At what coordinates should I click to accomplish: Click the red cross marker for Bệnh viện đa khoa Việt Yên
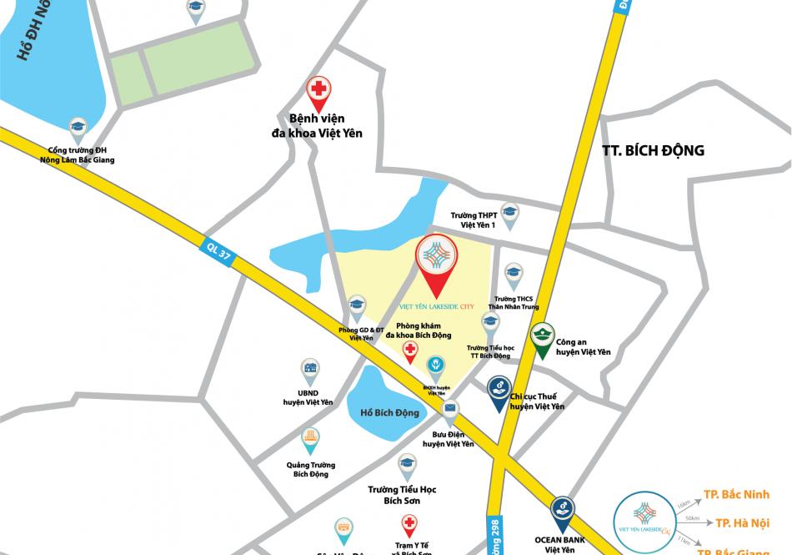[x=318, y=89]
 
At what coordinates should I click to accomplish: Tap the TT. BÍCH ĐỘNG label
[x=653, y=150]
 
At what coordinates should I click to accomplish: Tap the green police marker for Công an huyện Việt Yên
[x=543, y=336]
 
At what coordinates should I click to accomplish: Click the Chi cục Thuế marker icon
[x=498, y=389]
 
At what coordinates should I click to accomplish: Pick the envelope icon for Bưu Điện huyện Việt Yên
[x=450, y=409]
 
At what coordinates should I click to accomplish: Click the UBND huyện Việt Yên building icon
[x=310, y=368]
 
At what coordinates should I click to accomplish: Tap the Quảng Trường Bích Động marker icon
[x=310, y=437]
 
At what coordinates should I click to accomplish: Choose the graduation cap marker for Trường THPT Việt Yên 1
[x=508, y=213]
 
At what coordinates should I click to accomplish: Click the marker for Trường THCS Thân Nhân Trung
[x=514, y=273]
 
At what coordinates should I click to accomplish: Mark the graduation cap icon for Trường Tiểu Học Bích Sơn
[x=407, y=463]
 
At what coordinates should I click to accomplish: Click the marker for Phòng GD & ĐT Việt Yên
[x=357, y=305]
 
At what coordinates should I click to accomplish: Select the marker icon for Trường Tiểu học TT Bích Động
[x=490, y=322]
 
